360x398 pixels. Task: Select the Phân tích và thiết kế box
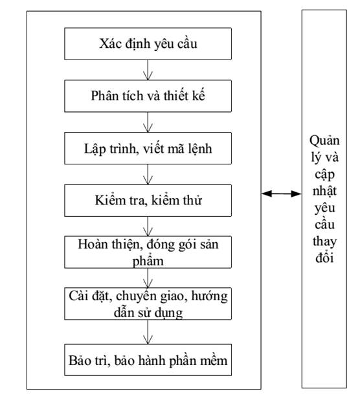pyautogui.click(x=149, y=97)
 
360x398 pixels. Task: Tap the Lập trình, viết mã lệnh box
pyautogui.click(x=149, y=148)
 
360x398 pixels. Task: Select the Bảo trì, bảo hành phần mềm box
pyautogui.click(x=149, y=360)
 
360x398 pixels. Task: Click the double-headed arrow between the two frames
pyautogui.click(x=282, y=193)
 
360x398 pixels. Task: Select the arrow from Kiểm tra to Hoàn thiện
pyautogui.click(x=150, y=226)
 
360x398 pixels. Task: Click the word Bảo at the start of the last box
pyautogui.click(x=80, y=360)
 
